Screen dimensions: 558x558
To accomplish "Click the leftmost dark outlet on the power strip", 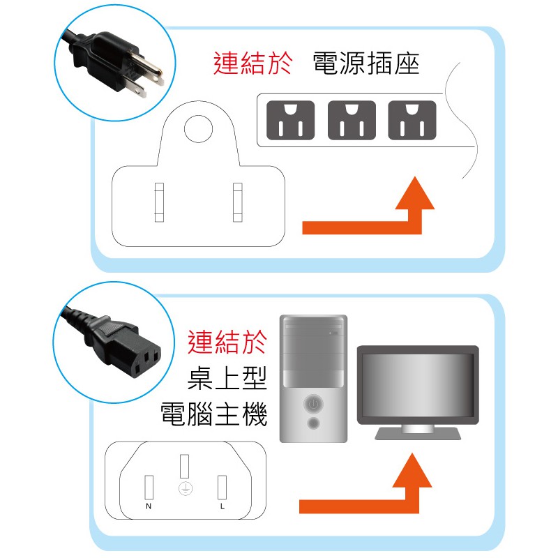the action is (290, 120).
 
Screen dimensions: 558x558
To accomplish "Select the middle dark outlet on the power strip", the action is (352, 120).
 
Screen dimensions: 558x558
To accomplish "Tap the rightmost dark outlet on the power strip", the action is (412, 120).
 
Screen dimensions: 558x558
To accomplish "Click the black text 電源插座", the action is (366, 63).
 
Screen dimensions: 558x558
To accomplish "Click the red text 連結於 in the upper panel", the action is (253, 63).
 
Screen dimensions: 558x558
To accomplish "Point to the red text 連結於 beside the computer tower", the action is (227, 342).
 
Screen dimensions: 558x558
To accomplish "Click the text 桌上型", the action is (227, 378).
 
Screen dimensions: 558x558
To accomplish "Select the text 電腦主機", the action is (213, 414).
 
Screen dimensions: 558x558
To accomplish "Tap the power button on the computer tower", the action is (313, 404).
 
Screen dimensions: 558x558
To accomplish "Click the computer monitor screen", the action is (418, 385).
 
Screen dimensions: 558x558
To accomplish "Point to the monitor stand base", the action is (418, 434).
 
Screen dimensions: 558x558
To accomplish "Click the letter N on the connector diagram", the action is (149, 506).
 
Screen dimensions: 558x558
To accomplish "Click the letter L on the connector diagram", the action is (223, 506).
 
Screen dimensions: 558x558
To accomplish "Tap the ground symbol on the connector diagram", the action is (186, 489).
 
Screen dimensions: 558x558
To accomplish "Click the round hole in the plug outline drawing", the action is (198, 129).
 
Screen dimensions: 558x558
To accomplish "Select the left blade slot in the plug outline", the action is (159, 202).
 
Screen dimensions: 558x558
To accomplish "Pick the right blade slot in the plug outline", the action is (238, 202).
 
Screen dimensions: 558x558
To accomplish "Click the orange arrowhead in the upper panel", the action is (415, 193).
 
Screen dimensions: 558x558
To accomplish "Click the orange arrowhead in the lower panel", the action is (412, 470).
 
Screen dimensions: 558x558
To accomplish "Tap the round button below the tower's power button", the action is (313, 423).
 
